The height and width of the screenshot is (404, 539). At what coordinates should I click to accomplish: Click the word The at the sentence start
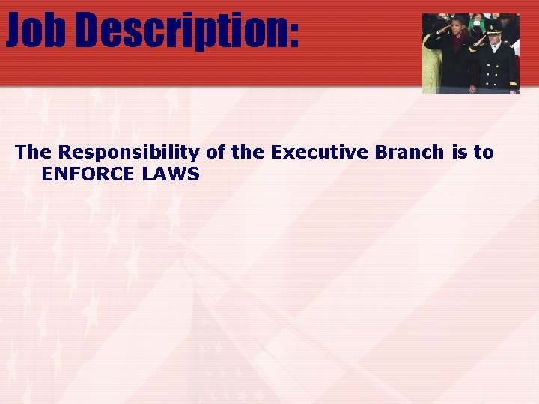pos(34,153)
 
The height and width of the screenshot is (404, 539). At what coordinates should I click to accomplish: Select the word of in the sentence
pos(216,153)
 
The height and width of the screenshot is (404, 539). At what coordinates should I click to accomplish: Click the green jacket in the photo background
pos(476,25)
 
